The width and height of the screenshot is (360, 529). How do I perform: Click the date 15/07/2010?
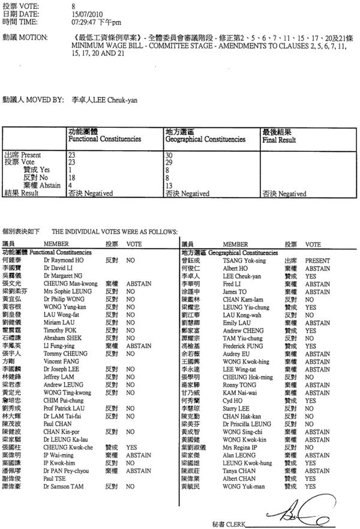[x=83, y=13]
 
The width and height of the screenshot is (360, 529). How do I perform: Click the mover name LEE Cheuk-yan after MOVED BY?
[x=115, y=100]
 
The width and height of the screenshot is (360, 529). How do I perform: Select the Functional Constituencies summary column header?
[x=104, y=135]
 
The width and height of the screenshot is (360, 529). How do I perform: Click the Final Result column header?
[x=279, y=135]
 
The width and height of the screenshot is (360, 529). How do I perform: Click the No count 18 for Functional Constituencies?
[x=72, y=178]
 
